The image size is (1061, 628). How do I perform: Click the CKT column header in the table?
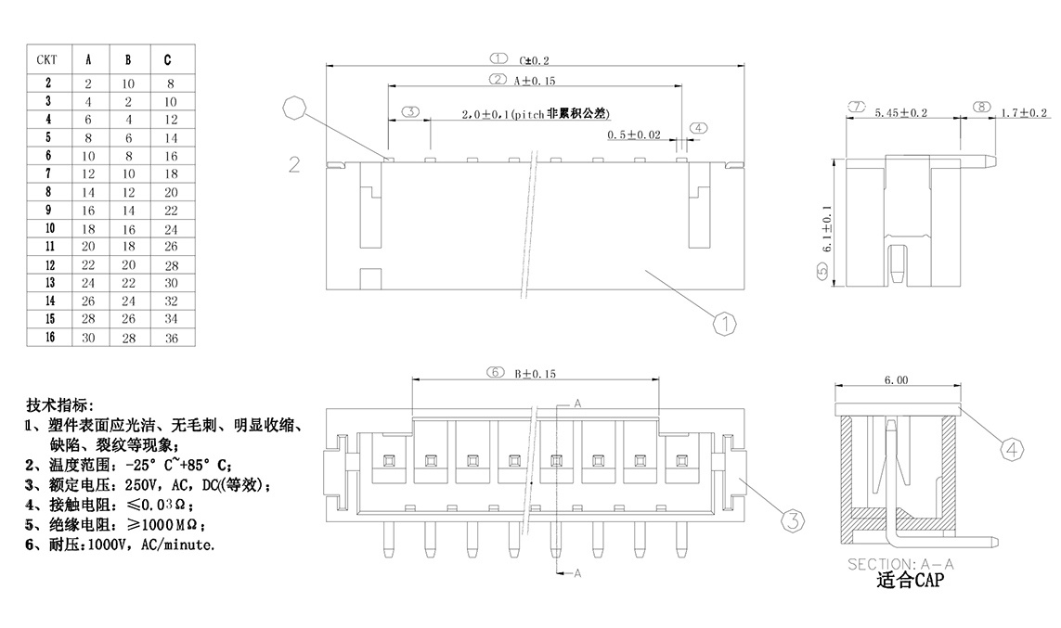[47, 60]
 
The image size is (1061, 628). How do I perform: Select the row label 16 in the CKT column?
[48, 337]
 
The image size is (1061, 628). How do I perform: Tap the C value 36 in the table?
[170, 338]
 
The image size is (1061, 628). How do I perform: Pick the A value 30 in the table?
[88, 338]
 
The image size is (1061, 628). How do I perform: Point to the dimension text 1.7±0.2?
[1024, 113]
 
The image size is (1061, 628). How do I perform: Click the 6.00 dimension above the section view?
[896, 380]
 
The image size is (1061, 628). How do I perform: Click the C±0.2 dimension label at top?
[539, 60]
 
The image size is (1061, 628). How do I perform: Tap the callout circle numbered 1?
[724, 324]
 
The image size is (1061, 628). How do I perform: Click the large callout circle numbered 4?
[1014, 450]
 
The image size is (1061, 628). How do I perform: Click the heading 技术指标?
[60, 405]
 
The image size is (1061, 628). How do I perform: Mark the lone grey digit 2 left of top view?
[294, 165]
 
